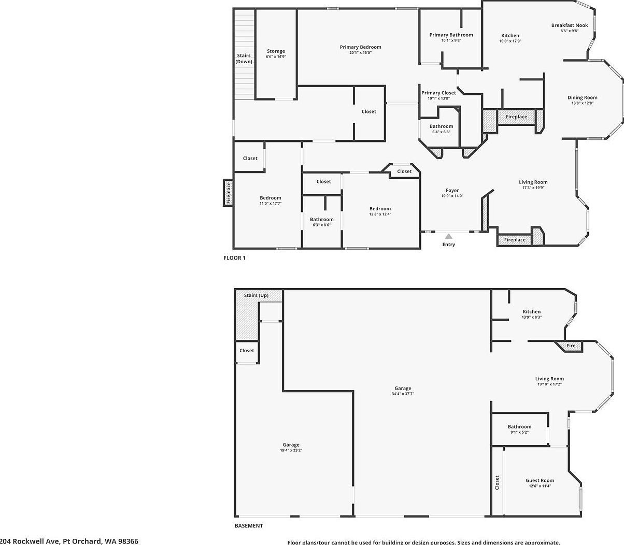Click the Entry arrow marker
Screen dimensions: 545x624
(449, 236)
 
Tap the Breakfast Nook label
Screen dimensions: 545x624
(569, 25)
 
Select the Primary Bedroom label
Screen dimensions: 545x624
(360, 47)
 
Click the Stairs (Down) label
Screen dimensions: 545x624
(244, 59)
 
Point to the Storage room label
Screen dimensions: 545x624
(276, 51)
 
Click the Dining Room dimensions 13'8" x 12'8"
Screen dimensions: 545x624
(582, 103)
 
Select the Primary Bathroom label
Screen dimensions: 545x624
(451, 35)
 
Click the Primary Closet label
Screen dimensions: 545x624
(438, 93)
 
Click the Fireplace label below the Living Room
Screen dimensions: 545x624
(515, 240)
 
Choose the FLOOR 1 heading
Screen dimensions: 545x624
(234, 257)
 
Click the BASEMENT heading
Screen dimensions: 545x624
(249, 525)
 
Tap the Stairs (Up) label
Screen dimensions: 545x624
(256, 295)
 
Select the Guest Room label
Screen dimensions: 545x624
(540, 480)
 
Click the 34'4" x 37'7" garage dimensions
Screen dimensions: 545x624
(403, 394)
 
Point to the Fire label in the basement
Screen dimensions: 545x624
(571, 346)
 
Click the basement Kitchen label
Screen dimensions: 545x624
(531, 312)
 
